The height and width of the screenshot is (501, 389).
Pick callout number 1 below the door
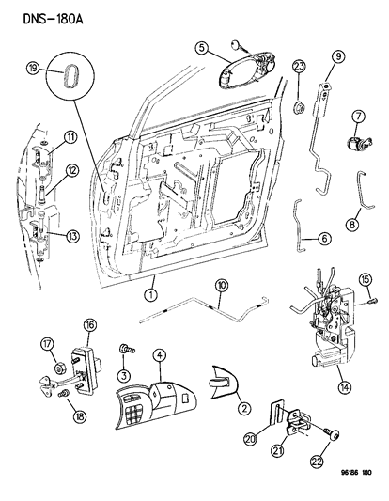coord(149,293)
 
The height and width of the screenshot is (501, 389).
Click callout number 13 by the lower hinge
coord(72,235)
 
